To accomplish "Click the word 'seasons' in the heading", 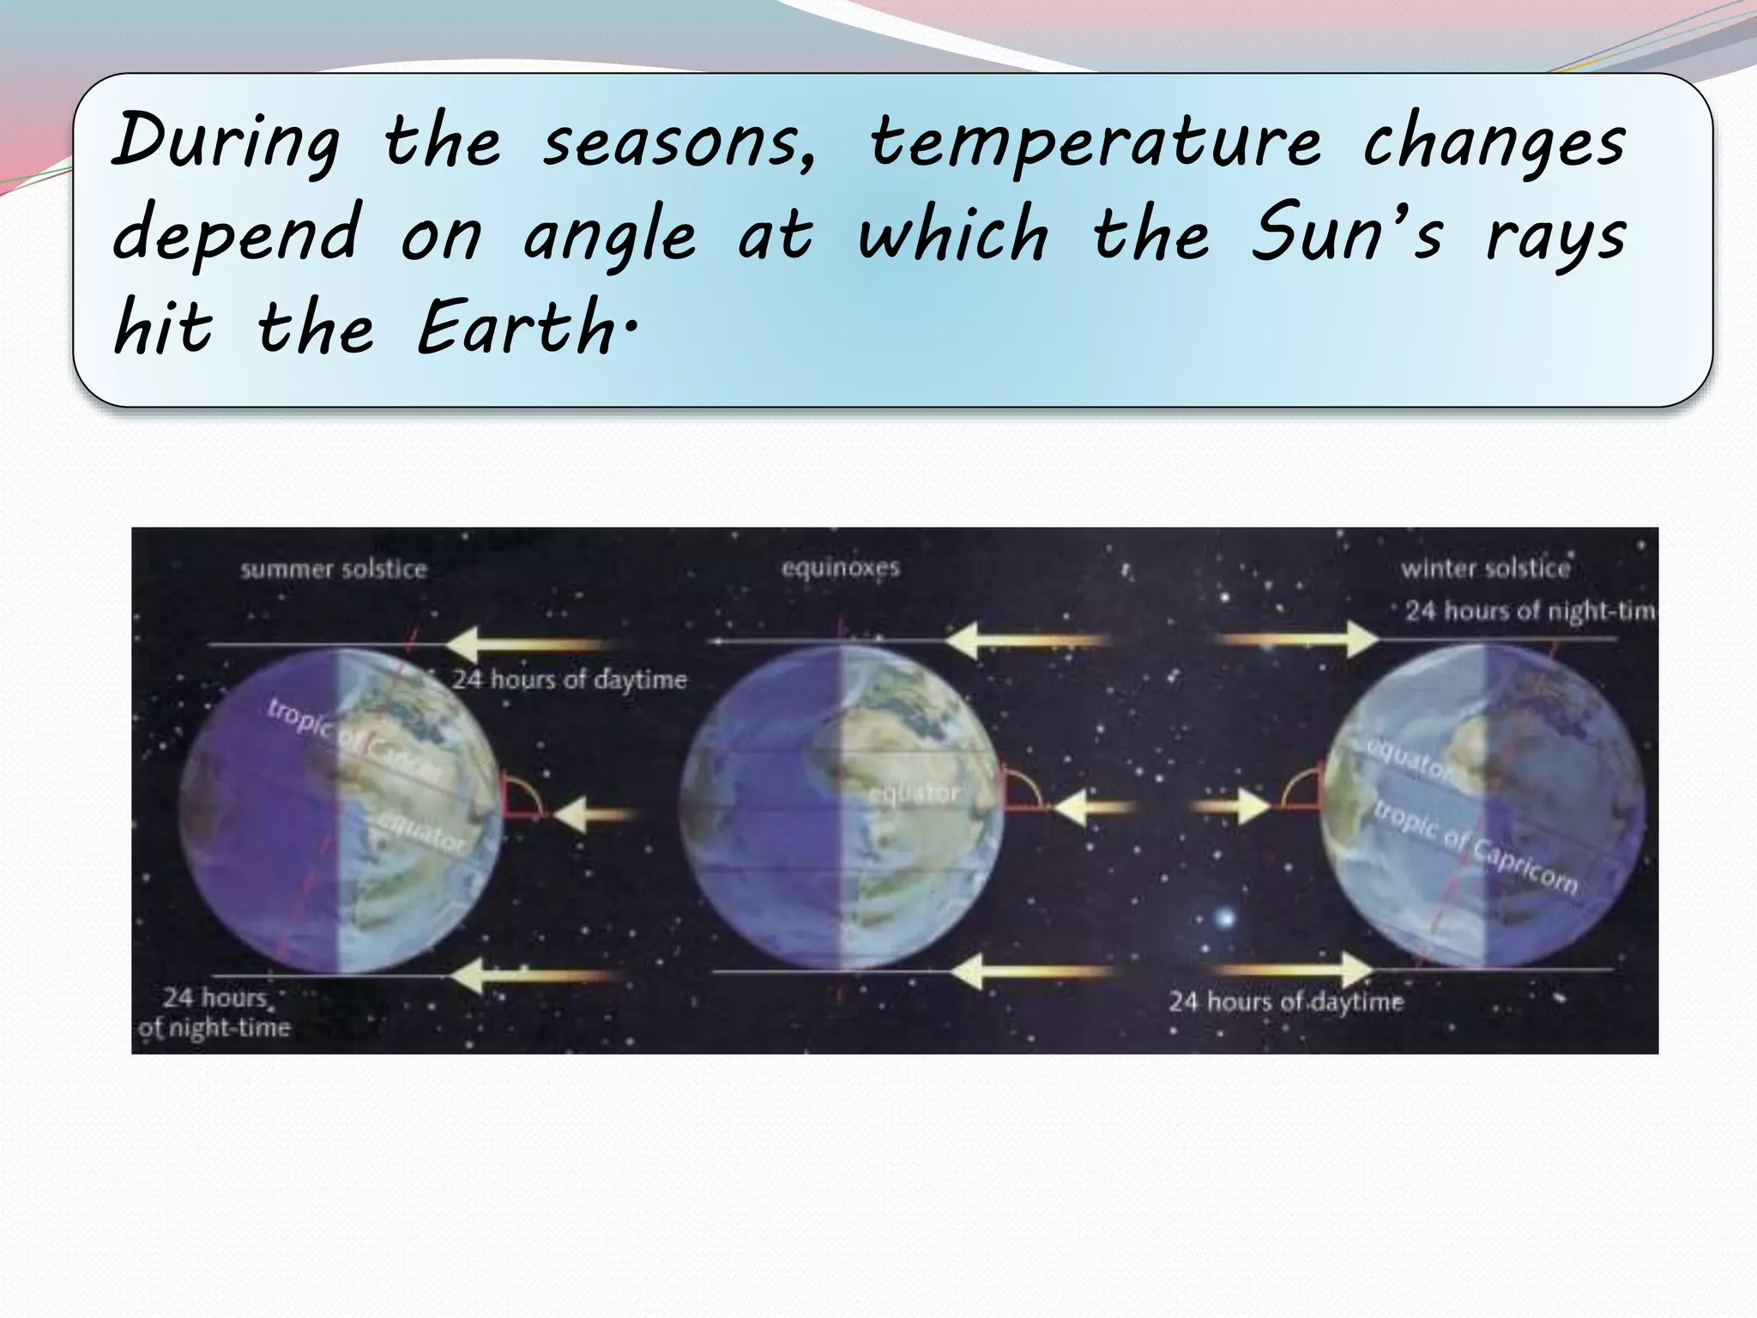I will point(679,142).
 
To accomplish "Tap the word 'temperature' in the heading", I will point(1095,142).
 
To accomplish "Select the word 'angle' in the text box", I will point(609,236).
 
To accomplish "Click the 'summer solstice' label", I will point(334,569).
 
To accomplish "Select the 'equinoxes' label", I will point(840,567).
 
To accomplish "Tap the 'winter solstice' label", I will point(1485,568).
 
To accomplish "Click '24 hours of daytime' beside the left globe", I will point(570,680).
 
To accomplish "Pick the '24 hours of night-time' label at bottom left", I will point(215,1013).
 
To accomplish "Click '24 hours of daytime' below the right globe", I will point(1285,1001).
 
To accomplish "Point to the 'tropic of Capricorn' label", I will point(1476,846).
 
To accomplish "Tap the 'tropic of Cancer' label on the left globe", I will point(352,738).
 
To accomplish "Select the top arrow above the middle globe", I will point(1025,641).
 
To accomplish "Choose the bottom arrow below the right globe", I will point(1295,970).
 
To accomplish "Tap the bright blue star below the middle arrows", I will point(1225,918).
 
